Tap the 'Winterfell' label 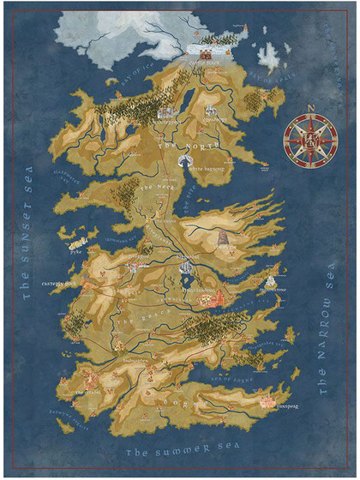pos(164,123)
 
